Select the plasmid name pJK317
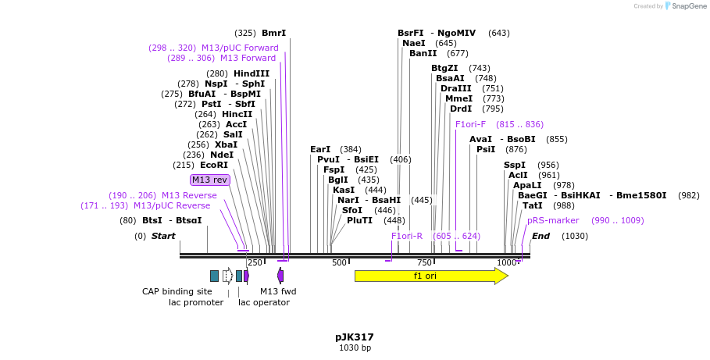point(355,337)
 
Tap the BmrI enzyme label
point(273,33)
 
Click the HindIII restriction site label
point(251,73)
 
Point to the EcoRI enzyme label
point(213,165)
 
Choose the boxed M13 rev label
point(210,180)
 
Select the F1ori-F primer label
point(470,124)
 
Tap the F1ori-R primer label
point(407,236)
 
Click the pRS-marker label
point(553,220)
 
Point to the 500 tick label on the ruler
point(339,263)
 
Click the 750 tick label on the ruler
point(424,263)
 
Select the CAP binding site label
point(177,291)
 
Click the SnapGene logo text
point(688,6)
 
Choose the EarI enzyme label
point(320,149)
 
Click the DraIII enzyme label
point(455,88)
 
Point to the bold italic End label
point(541,236)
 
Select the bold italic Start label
point(163,236)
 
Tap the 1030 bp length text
point(355,348)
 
